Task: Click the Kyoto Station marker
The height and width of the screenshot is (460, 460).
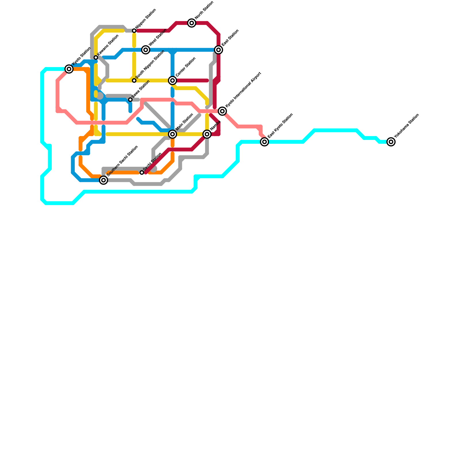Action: pyautogui.click(x=69, y=69)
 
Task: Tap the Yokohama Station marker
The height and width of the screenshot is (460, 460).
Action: pyautogui.click(x=391, y=142)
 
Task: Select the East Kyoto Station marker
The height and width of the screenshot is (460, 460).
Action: pyautogui.click(x=264, y=142)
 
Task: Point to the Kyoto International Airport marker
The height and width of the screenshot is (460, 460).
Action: pyautogui.click(x=222, y=111)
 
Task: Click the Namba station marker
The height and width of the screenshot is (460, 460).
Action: pyautogui.click(x=207, y=134)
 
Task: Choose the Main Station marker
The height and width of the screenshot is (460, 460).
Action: pyautogui.click(x=172, y=134)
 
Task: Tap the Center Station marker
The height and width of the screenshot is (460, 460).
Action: pyautogui.click(x=172, y=80)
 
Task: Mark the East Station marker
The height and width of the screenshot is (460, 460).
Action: pyautogui.click(x=219, y=50)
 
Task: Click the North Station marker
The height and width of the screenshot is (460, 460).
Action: pyautogui.click(x=192, y=23)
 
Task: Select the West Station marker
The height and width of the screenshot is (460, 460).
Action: pyautogui.click(x=146, y=50)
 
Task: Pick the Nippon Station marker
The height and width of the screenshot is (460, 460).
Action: pyautogui.click(x=134, y=31)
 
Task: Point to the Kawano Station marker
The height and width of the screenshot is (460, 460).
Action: pyautogui.click(x=96, y=57)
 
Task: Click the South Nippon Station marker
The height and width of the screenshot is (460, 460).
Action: pyautogui.click(x=134, y=80)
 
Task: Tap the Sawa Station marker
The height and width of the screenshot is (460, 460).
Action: pyautogui.click(x=130, y=100)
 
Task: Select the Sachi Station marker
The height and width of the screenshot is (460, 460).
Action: pyautogui.click(x=142, y=172)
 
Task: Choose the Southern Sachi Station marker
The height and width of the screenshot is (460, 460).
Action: pyautogui.click(x=103, y=180)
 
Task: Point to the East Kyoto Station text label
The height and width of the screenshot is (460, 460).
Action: pyautogui.click(x=280, y=126)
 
